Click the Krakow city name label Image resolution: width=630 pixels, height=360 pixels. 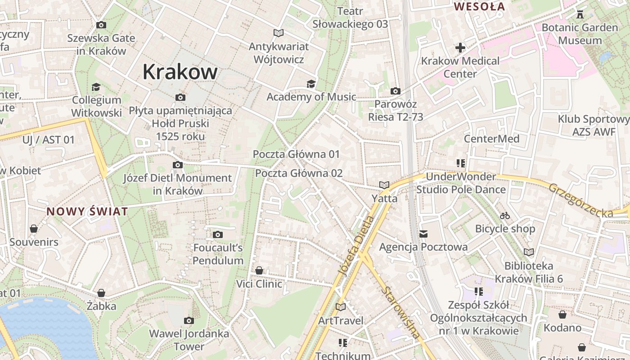coord(180,72)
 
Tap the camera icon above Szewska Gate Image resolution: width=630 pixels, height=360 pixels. coord(101,25)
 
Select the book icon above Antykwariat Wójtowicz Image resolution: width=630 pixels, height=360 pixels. coord(279,33)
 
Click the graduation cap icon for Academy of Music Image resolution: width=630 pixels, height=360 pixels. coord(311,84)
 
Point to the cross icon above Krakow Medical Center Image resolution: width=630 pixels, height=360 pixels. coord(460,47)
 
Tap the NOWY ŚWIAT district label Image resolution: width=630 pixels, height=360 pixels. coord(87,211)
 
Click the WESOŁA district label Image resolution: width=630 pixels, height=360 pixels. coord(479,7)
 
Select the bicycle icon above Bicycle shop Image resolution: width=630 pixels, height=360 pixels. coord(505,216)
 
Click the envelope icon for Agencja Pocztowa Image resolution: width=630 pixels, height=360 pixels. coord(423,234)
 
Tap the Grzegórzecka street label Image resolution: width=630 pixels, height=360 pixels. coord(580,201)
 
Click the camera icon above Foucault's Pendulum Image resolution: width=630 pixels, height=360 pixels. coord(218,234)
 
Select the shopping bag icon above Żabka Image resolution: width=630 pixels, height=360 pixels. coord(101,293)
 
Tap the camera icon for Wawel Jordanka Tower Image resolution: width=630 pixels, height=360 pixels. coord(189,320)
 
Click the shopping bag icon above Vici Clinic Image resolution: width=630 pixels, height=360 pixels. coord(259,270)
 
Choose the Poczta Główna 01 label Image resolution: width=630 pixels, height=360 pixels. coord(296,154)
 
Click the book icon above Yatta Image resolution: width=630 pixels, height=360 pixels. coord(384,185)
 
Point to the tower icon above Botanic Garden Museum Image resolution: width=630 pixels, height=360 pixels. coord(580,14)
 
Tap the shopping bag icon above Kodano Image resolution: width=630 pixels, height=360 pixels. coord(562,314)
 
